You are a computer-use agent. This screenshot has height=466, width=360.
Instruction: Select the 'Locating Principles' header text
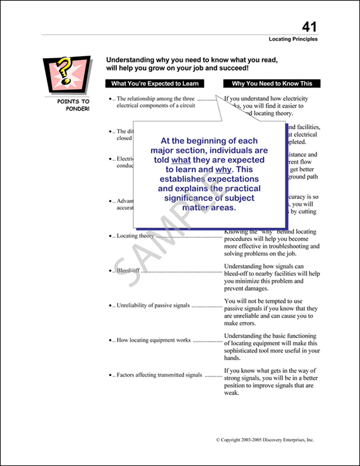(293, 39)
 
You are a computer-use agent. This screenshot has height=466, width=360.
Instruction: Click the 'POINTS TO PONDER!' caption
(73, 105)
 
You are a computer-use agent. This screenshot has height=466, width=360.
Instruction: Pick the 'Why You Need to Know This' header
(272, 84)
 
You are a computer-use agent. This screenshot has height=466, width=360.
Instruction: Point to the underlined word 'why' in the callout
(224, 169)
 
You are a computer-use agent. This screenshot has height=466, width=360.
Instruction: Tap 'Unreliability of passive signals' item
(153, 305)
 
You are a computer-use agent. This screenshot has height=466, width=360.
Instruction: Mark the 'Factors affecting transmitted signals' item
(160, 375)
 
